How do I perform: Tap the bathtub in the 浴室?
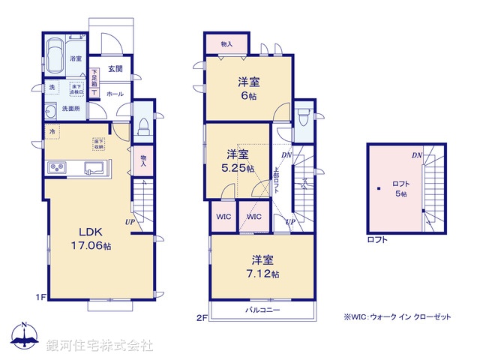(55, 55)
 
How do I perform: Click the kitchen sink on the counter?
(94, 166)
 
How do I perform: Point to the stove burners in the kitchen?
(58, 166)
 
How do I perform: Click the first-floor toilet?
(143, 125)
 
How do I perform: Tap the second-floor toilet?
(303, 118)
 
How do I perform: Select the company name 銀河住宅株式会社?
(99, 346)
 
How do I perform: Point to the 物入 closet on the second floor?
(226, 43)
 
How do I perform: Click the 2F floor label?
(201, 317)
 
